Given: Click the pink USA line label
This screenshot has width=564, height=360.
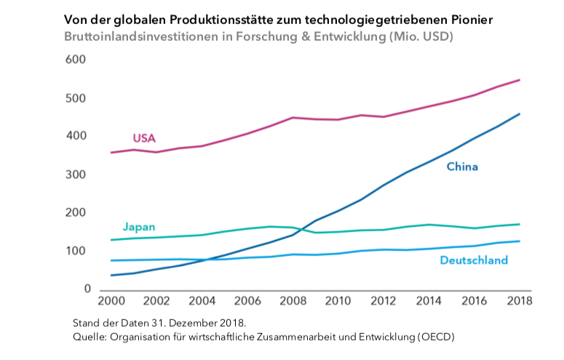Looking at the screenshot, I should pyautogui.click(x=144, y=138).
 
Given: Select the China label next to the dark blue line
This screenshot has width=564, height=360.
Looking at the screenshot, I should pyautogui.click(x=462, y=167).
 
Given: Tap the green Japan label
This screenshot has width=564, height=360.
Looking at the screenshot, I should pyautogui.click(x=138, y=227).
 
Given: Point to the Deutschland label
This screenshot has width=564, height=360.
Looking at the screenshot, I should pyautogui.click(x=474, y=260).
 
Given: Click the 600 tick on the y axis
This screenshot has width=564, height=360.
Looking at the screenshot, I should pyautogui.click(x=76, y=60).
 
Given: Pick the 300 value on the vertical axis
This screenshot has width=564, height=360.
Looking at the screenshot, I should pyautogui.click(x=76, y=175).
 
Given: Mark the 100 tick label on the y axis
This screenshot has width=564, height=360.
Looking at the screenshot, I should pyautogui.click(x=76, y=252).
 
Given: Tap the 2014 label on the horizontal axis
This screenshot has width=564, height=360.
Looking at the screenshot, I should pyautogui.click(x=429, y=300).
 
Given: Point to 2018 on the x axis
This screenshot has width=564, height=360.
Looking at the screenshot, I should pyautogui.click(x=518, y=300).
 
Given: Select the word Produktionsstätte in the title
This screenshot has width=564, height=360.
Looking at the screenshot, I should pyautogui.click(x=203, y=20).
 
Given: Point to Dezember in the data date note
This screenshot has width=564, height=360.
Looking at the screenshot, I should pyautogui.click(x=198, y=322).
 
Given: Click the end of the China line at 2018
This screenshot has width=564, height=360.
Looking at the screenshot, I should pyautogui.click(x=519, y=114).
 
